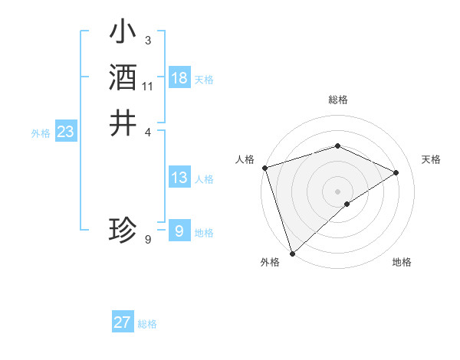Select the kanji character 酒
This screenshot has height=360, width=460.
click(x=123, y=77)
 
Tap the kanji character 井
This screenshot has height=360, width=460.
click(x=123, y=123)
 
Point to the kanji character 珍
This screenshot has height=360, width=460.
click(x=123, y=229)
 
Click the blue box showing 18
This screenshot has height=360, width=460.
click(x=179, y=78)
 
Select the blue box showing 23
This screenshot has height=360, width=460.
click(x=65, y=132)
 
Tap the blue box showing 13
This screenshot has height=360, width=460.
click(x=179, y=178)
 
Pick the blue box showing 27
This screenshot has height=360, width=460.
click(x=123, y=322)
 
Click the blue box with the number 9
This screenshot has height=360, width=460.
click(x=179, y=231)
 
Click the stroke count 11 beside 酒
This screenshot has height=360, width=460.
click(x=148, y=87)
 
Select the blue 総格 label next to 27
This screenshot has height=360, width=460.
click(x=147, y=324)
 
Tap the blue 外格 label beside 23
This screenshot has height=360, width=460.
click(x=41, y=133)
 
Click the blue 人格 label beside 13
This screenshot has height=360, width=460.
click(x=204, y=179)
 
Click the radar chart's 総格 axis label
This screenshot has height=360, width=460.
click(x=337, y=100)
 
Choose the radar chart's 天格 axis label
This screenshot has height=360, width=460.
click(x=431, y=159)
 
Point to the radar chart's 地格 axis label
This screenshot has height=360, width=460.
click(x=402, y=262)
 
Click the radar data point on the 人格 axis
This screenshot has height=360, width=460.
click(x=264, y=167)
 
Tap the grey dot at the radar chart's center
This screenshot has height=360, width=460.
click(x=337, y=191)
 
